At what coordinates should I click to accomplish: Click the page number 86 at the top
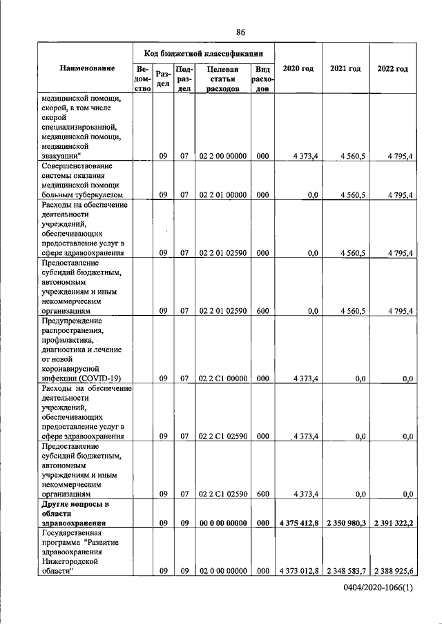click(x=241, y=32)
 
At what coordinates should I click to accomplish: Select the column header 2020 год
click(x=298, y=69)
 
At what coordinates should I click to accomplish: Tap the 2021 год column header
click(x=345, y=69)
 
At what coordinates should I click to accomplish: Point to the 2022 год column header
click(x=392, y=69)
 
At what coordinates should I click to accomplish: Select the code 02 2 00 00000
click(x=222, y=157)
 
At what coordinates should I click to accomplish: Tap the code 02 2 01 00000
click(x=222, y=195)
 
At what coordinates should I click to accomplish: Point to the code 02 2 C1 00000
click(x=222, y=379)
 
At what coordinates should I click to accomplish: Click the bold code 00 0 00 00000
click(x=222, y=523)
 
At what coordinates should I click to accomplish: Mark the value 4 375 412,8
click(x=298, y=523)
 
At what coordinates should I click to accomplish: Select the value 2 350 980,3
click(x=346, y=523)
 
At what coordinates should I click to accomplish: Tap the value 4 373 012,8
click(x=298, y=572)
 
